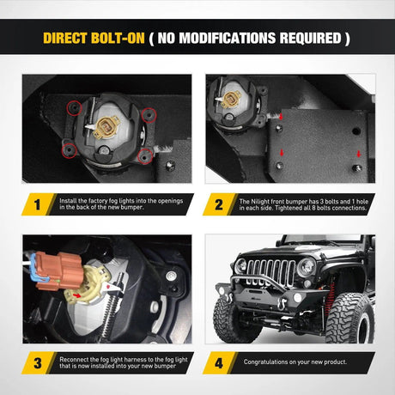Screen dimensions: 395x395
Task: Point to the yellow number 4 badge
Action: click(x=220, y=363)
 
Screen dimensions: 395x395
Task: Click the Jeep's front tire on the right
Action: click(x=348, y=319)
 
